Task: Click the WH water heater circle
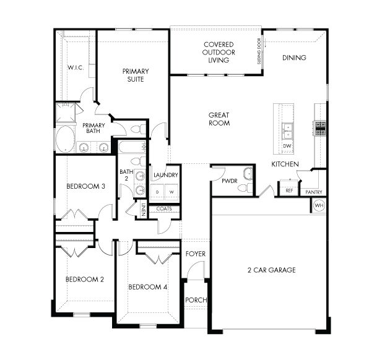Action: click(319, 205)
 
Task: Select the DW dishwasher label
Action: click(287, 146)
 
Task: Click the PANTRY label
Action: click(314, 192)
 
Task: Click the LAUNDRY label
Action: click(165, 175)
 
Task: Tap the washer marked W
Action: click(172, 192)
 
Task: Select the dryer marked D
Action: click(158, 192)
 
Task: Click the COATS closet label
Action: click(164, 209)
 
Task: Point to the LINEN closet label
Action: click(143, 210)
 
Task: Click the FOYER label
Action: click(196, 254)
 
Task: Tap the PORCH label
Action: click(196, 300)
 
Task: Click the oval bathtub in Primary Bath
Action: click(66, 139)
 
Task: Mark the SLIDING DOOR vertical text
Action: click(259, 51)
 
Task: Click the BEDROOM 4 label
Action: click(147, 287)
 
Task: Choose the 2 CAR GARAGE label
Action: click(272, 270)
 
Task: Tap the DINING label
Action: click(294, 58)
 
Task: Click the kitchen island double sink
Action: click(287, 130)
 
